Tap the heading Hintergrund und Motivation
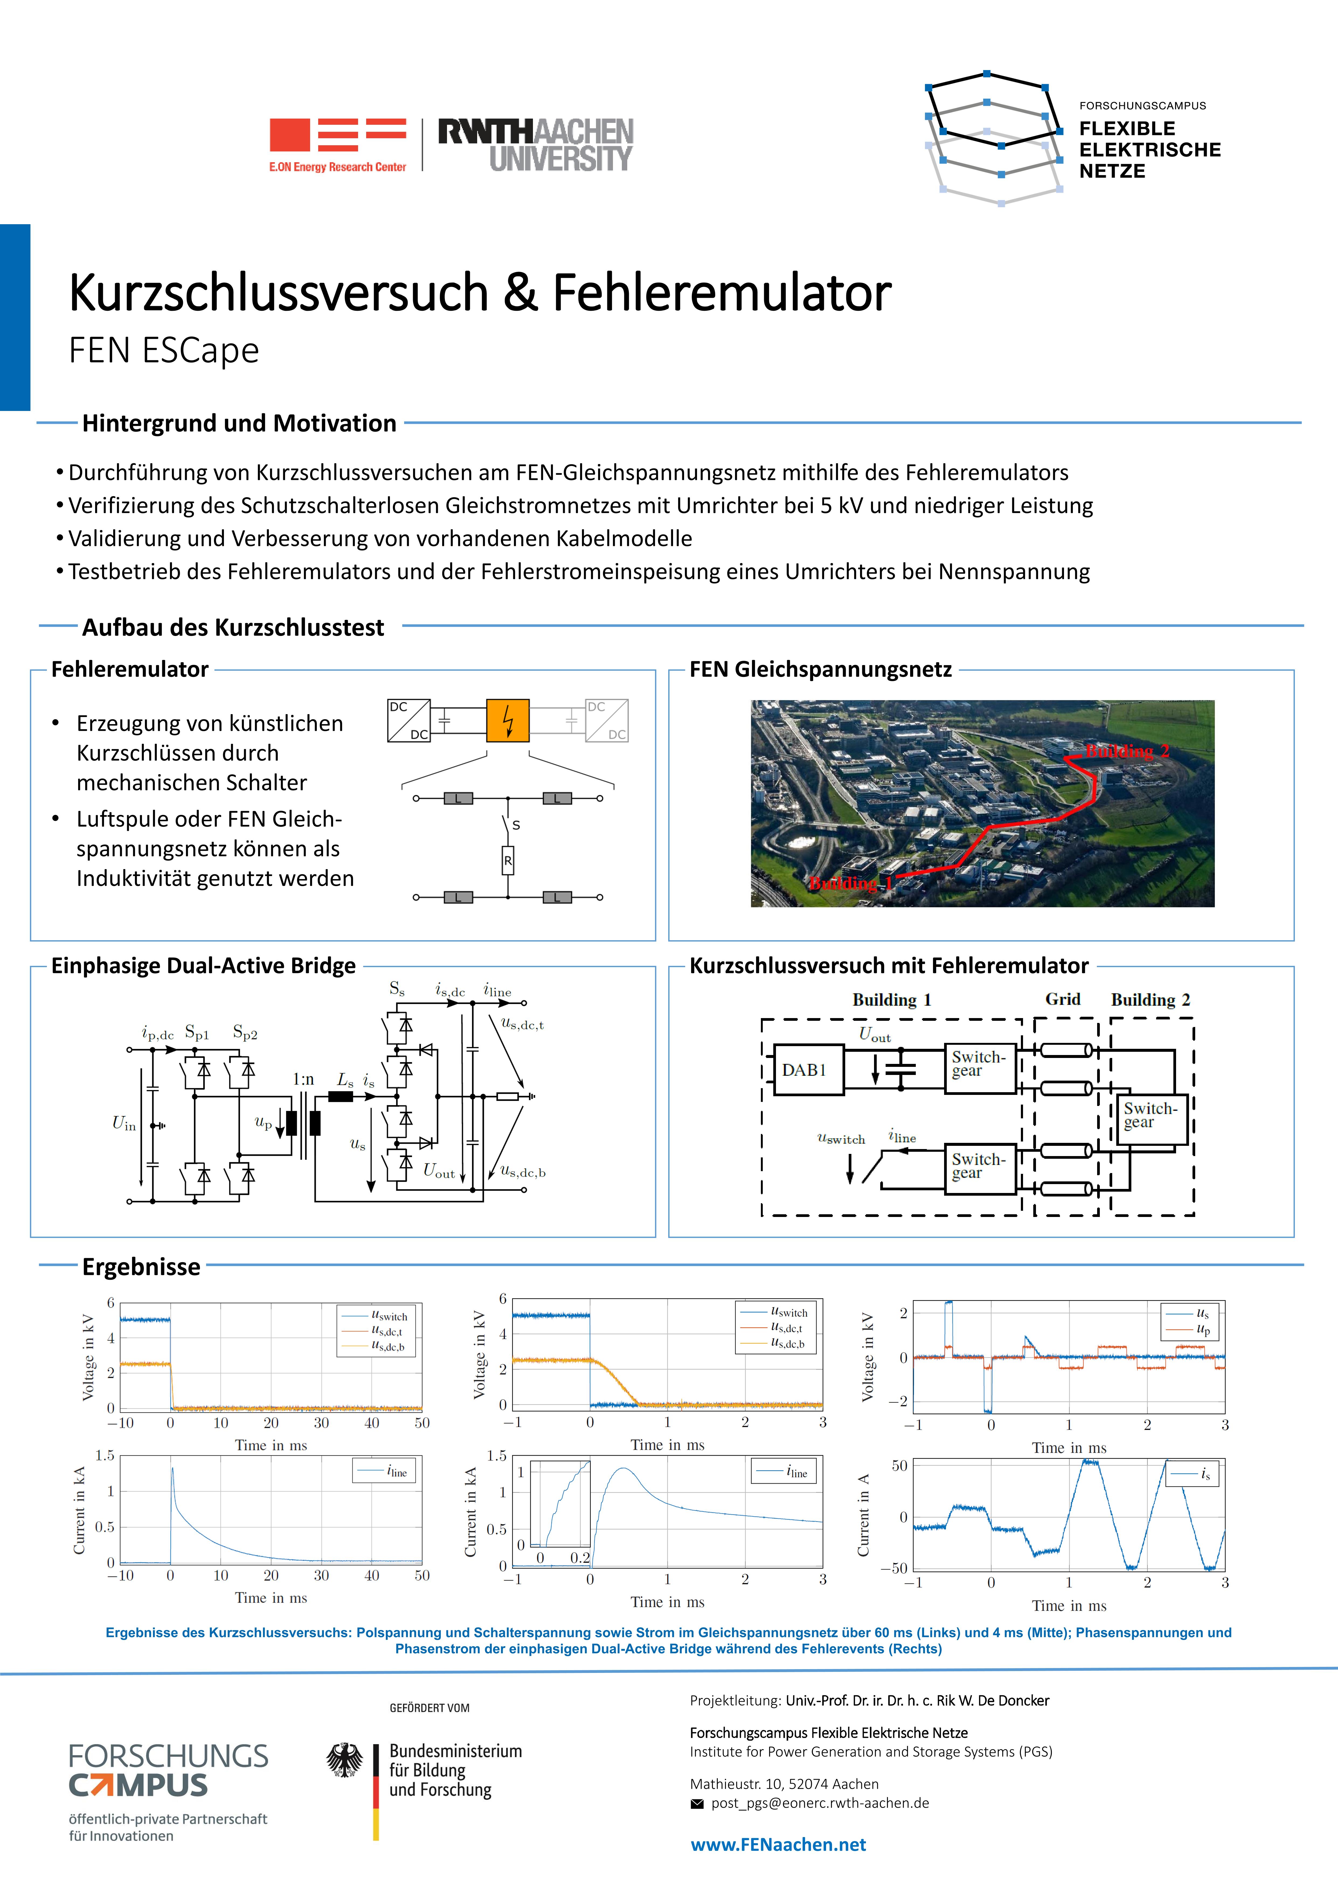[239, 424]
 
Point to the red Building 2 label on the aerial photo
[1127, 751]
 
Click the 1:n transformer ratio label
[303, 1079]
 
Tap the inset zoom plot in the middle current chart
[560, 1504]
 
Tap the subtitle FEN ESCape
[164, 350]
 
